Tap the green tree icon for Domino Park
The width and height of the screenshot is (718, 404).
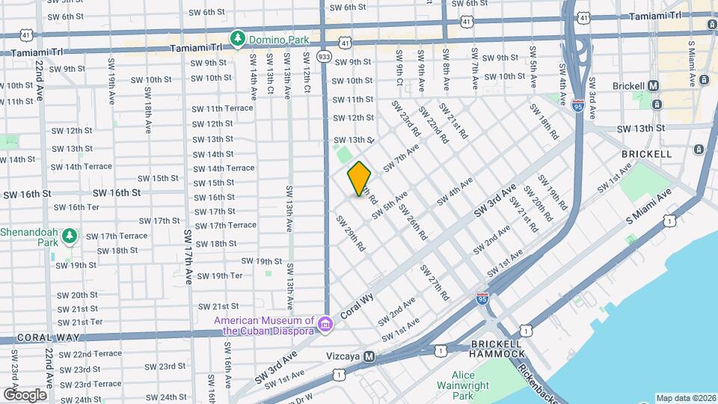238,37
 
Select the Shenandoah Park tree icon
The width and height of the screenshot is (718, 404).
70,237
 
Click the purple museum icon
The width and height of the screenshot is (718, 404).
325,324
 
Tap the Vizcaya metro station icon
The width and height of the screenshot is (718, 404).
369,357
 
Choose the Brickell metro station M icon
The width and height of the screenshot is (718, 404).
653,86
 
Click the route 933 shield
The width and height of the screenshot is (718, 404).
324,56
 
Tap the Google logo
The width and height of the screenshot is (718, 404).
25,394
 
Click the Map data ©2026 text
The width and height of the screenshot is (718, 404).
686,398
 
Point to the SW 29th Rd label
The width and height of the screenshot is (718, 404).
349,233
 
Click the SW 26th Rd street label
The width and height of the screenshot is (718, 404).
412,221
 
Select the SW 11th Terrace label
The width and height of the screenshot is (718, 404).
222,108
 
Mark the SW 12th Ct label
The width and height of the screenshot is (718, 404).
307,68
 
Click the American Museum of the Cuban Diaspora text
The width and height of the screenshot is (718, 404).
264,325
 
